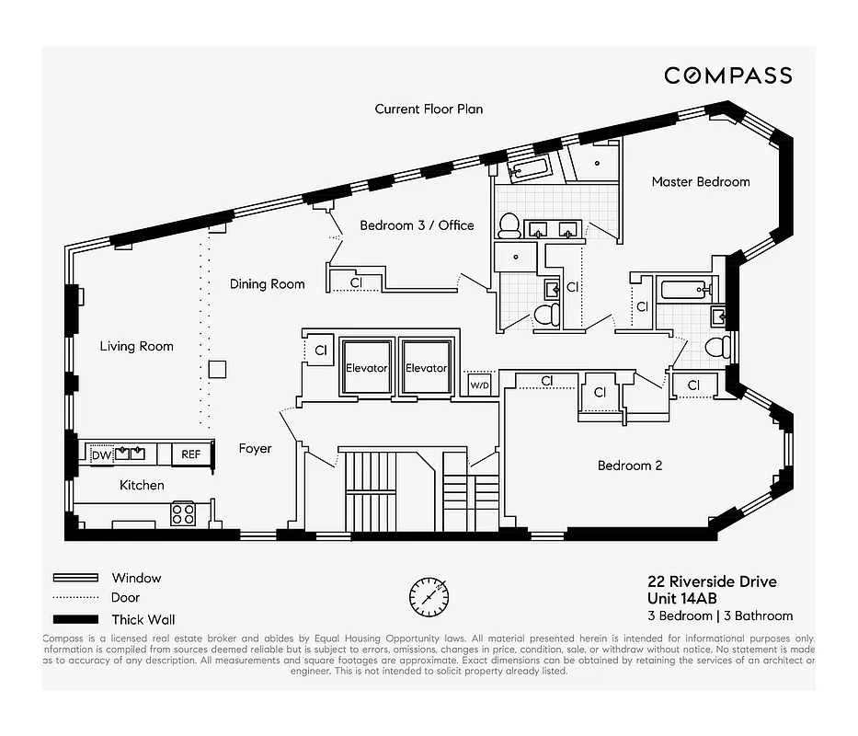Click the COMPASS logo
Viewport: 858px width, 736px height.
(x=727, y=75)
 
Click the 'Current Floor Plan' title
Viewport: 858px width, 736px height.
(x=429, y=109)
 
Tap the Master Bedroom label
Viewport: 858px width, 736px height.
(x=700, y=181)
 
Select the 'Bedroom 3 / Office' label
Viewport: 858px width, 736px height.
(x=417, y=225)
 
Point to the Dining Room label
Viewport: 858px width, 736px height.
(x=267, y=284)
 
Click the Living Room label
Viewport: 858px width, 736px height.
(x=136, y=346)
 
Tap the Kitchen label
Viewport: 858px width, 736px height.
(x=142, y=485)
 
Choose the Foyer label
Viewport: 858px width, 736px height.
(x=255, y=448)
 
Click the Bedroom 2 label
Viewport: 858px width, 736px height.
(x=629, y=466)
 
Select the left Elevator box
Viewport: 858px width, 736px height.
(x=366, y=368)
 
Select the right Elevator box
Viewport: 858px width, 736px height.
(x=426, y=368)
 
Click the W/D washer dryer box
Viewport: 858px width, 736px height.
(x=480, y=384)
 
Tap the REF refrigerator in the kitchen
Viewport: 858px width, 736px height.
(x=190, y=454)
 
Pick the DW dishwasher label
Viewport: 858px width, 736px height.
(x=100, y=454)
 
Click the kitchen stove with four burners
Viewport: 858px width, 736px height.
(x=183, y=513)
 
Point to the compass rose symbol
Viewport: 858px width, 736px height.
(x=429, y=597)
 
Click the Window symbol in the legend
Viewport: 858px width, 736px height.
(x=75, y=578)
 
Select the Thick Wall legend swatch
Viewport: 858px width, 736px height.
(x=75, y=619)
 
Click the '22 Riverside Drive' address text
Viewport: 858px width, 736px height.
(x=713, y=581)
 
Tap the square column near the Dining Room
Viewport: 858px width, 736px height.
(x=217, y=369)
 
